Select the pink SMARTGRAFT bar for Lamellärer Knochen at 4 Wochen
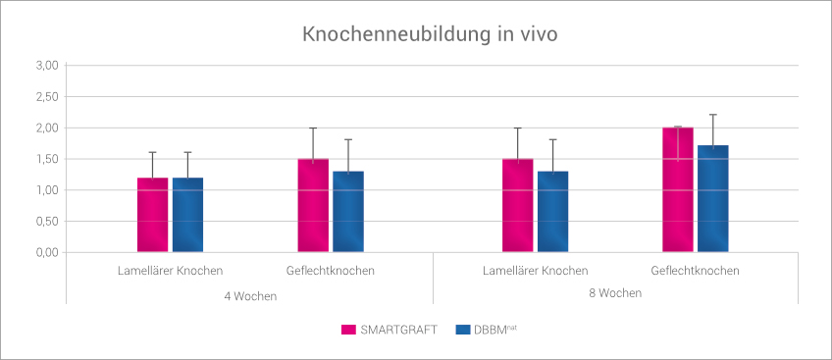click(152, 216)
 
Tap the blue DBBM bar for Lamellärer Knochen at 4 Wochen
click(187, 216)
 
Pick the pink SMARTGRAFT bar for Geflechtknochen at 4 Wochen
click(313, 206)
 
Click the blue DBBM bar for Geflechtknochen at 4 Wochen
click(348, 212)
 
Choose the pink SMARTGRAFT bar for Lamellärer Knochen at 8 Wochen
click(517, 206)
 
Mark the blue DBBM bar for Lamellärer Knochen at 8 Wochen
click(552, 212)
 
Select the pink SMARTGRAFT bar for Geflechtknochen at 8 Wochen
click(678, 190)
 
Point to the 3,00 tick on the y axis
click(47, 66)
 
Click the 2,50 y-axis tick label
click(47, 97)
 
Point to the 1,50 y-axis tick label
click(47, 159)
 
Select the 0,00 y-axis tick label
click(47, 253)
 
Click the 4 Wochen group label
click(250, 295)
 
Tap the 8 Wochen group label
click(615, 292)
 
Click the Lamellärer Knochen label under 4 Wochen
click(170, 271)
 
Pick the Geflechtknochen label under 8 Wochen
click(696, 271)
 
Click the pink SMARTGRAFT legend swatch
click(347, 330)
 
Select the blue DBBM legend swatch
click(464, 330)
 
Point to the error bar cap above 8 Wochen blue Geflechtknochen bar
click(713, 115)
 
